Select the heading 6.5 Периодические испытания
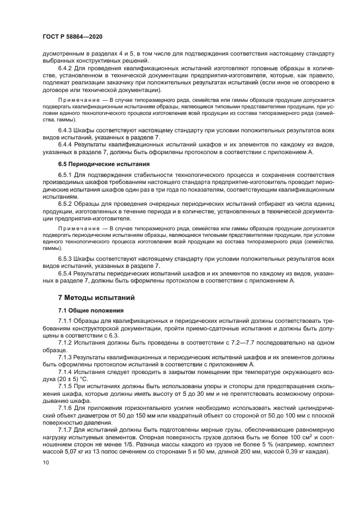[x=94, y=163]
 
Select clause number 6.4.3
[x=66, y=131]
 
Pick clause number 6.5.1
[x=66, y=175]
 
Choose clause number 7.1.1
[x=66, y=321]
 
